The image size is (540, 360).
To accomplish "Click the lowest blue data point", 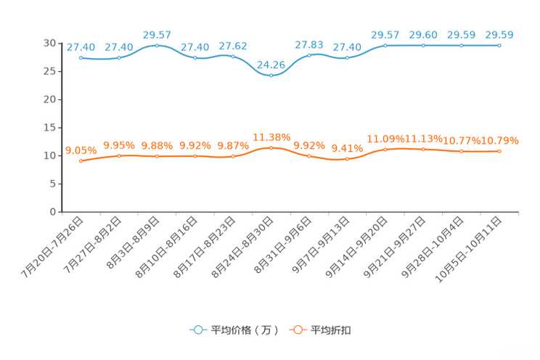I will point(271,74).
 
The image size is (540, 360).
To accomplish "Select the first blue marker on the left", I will point(81,57).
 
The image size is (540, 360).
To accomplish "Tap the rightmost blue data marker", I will point(499,45).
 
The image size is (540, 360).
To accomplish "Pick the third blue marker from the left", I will point(157,45).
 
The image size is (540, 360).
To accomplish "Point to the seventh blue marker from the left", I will point(310,54).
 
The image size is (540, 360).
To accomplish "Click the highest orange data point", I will point(271,147).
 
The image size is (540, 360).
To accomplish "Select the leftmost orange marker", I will point(81,161).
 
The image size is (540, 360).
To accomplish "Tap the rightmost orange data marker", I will point(499,151).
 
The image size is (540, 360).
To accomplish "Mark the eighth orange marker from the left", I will point(348,158).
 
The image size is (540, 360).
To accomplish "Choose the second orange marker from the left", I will point(119,155).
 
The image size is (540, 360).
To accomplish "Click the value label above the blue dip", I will point(271,63).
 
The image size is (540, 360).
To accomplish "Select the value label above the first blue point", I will point(81,47).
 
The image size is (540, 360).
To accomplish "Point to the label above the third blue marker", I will point(157,34).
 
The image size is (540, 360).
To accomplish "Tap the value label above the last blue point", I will point(499,34).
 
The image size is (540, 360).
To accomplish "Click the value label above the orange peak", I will point(271,136).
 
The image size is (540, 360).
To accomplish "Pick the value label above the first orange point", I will point(81,150).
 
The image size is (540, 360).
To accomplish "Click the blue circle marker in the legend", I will point(197,330).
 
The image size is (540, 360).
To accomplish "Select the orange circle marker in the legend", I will point(297,330).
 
